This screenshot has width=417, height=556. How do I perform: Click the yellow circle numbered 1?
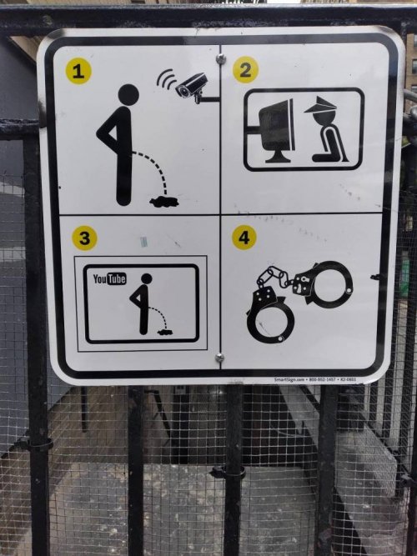click(x=78, y=72)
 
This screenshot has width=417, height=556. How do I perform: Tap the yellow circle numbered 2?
click(x=244, y=70)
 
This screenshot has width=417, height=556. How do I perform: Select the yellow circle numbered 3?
click(x=84, y=238)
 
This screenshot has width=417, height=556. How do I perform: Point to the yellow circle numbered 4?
click(x=244, y=238)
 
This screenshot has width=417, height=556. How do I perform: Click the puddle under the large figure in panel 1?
click(x=163, y=200)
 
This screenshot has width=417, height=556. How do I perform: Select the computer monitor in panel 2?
click(x=276, y=129)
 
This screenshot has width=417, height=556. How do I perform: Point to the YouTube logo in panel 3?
click(x=109, y=279)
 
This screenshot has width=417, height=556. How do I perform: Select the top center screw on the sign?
click(x=221, y=58)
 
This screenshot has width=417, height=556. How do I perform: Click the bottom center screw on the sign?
click(x=219, y=358)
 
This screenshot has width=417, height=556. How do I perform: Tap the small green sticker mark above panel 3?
click(x=143, y=242)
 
